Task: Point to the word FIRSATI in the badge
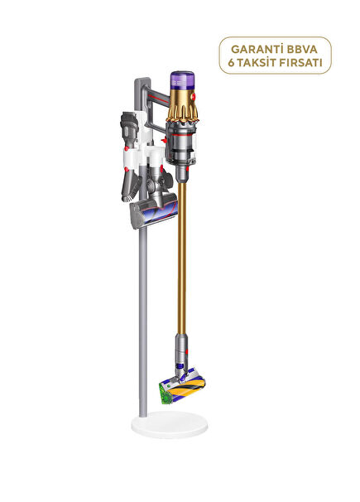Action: pos(301,63)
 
